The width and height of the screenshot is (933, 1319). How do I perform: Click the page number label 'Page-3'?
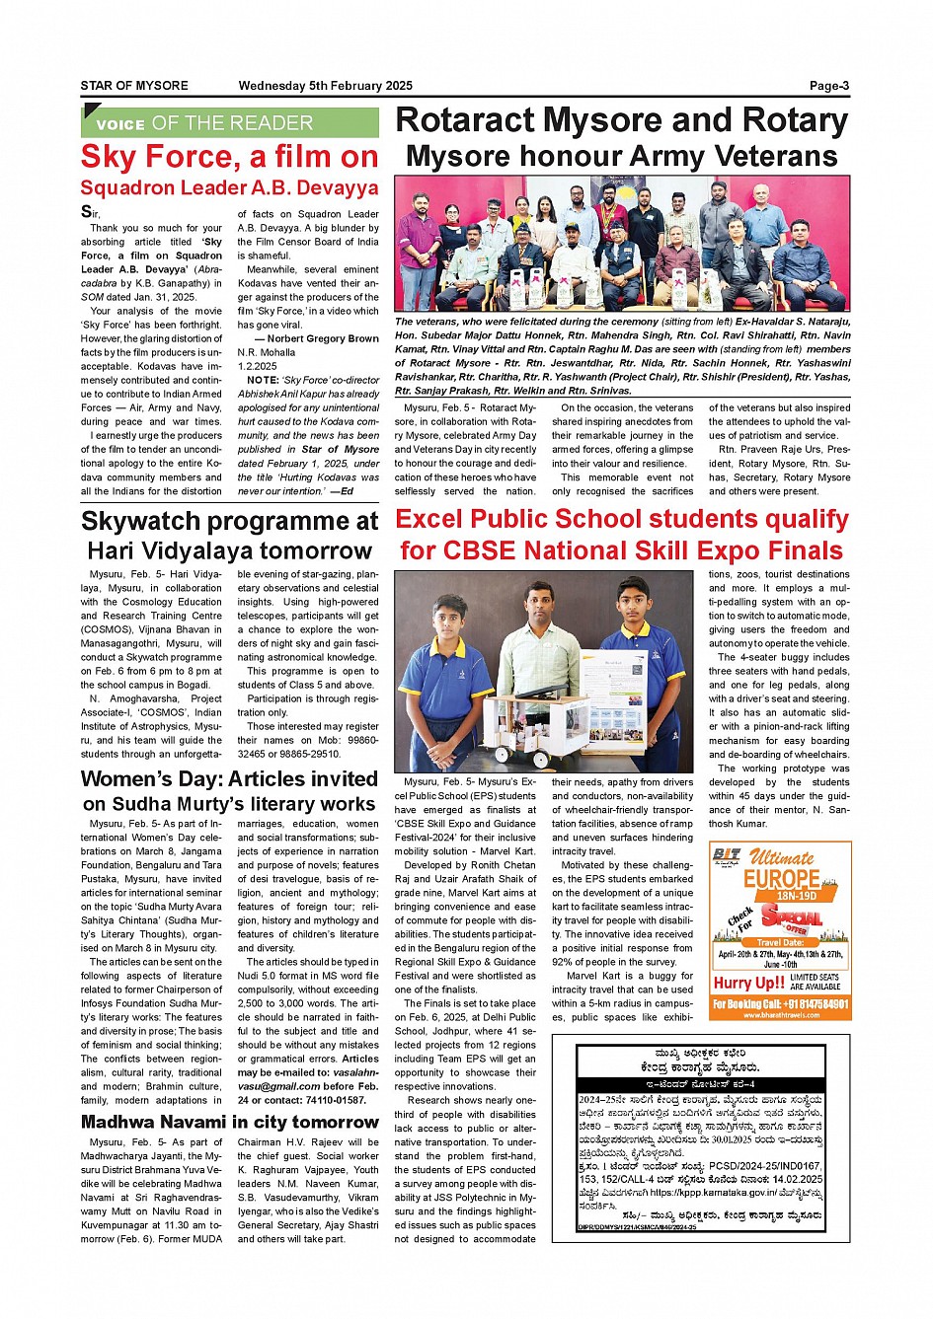click(828, 86)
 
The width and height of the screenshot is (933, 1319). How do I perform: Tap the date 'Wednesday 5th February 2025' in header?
click(325, 86)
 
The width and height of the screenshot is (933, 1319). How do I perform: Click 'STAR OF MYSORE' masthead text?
click(134, 86)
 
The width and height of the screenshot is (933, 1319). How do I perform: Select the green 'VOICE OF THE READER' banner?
click(229, 123)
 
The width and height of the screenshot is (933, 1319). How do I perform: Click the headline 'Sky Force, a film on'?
click(229, 157)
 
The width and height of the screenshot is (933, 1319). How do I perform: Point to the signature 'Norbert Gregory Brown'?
click(323, 338)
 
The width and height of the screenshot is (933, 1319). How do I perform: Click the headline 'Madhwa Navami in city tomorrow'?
click(229, 1122)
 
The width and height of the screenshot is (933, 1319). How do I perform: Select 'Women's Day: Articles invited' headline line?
click(229, 779)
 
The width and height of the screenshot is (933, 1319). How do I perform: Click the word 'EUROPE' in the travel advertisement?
click(781, 878)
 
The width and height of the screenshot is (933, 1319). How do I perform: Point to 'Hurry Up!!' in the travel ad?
click(748, 983)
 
